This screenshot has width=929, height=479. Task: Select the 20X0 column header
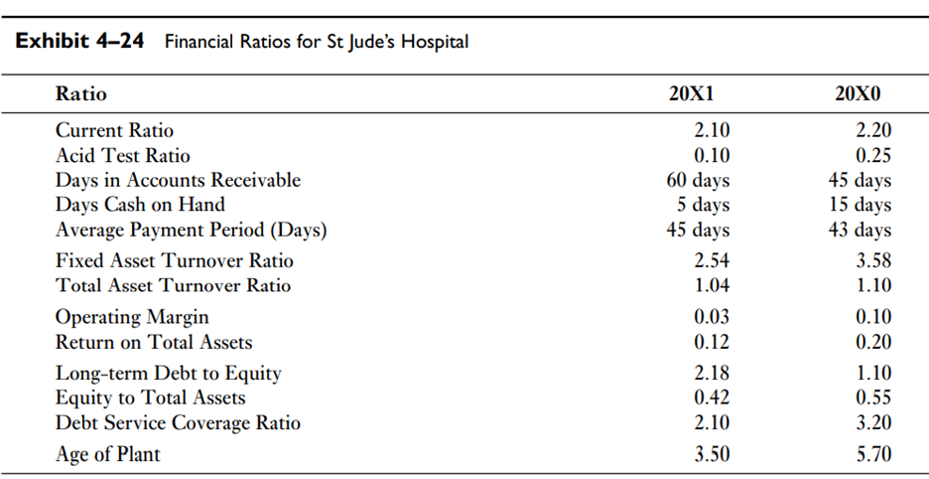[x=860, y=94]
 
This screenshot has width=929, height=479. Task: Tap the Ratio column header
[x=81, y=94]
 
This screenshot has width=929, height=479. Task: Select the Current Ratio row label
[x=114, y=130]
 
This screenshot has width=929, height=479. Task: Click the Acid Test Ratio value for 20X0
[x=872, y=155]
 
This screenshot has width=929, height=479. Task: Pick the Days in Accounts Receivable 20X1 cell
[x=697, y=180]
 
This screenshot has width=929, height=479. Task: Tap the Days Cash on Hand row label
[x=140, y=205]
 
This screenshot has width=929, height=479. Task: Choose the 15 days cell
[x=860, y=205]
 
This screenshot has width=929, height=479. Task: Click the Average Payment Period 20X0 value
[x=860, y=230]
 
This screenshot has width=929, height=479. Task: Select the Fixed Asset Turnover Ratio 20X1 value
[x=710, y=261]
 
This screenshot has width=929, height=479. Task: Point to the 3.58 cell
[x=872, y=261]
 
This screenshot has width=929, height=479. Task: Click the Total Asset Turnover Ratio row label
[x=173, y=285]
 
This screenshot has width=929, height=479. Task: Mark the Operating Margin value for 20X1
[x=710, y=317]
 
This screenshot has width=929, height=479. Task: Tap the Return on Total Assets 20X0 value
[x=872, y=342]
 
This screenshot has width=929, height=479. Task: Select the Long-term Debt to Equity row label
[x=168, y=374]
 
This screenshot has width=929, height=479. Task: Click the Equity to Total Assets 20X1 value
[x=710, y=398]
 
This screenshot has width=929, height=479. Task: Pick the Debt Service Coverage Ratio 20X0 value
[x=872, y=422]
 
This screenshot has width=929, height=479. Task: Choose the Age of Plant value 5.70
[x=872, y=454]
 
